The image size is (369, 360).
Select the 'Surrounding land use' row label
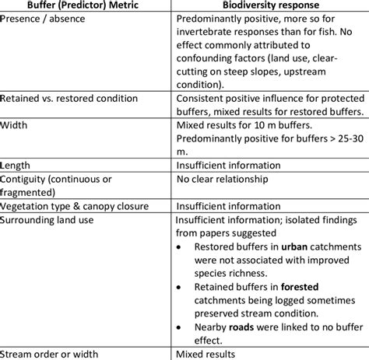pos(48,220)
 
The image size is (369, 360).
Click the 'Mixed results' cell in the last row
pos(210,355)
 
